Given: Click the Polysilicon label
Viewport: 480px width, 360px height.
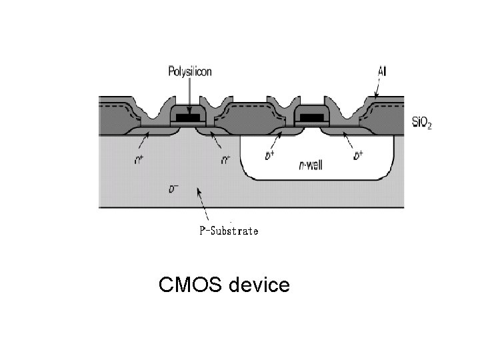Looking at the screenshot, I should [190, 72].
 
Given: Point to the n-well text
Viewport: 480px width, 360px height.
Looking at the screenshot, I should [310, 165].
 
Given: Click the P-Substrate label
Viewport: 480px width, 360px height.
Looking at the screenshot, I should [229, 231].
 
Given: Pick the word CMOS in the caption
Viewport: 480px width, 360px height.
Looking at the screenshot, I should [191, 285].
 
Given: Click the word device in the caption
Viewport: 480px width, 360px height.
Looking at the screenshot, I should [259, 285].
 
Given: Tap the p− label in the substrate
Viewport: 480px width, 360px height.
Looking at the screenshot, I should [173, 189].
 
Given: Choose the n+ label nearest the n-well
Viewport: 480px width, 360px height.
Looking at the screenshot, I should [227, 160].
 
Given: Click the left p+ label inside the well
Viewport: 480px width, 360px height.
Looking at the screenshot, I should [268, 157].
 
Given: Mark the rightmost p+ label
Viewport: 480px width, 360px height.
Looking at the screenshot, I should [358, 157].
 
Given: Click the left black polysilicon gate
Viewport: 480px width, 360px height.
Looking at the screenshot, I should [189, 119].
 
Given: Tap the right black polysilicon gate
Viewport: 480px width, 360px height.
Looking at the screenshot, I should [311, 119].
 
